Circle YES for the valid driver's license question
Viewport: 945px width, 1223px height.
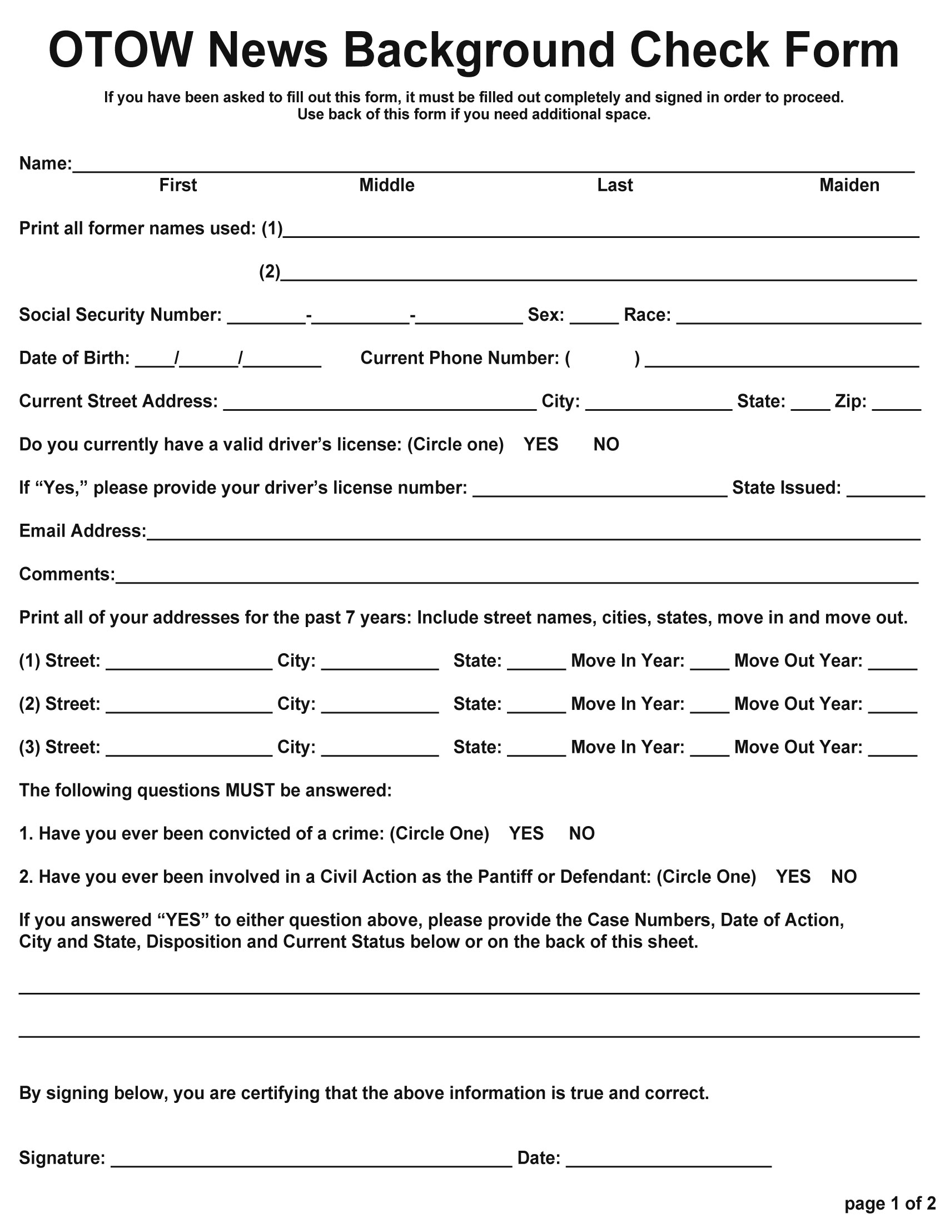point(541,444)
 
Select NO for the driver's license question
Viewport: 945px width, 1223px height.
point(606,444)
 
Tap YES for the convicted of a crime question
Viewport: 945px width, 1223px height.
point(526,833)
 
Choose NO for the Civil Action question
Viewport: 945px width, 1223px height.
point(844,876)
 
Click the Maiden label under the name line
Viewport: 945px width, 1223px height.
point(849,185)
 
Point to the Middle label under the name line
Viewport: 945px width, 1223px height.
point(386,185)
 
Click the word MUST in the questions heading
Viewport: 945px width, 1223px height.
point(250,790)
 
